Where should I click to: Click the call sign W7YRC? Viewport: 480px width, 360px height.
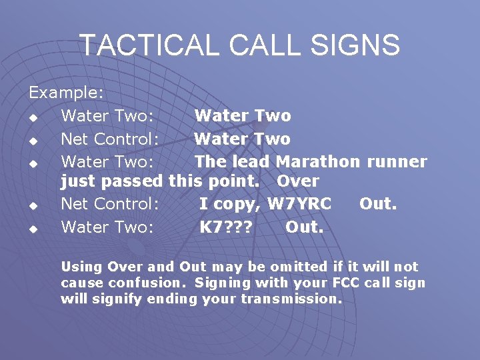click(299, 204)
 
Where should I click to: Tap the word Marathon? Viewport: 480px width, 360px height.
click(317, 161)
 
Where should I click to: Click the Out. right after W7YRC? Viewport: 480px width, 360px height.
click(378, 204)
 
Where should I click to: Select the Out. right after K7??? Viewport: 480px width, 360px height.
click(305, 227)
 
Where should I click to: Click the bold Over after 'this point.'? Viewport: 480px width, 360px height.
click(298, 181)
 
